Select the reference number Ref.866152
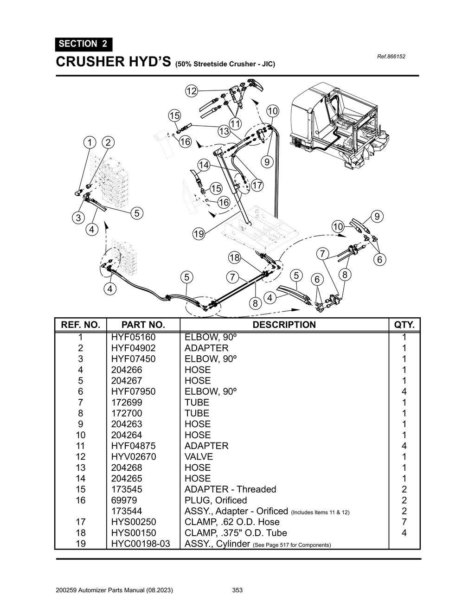coord(392,57)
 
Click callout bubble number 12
coord(192,91)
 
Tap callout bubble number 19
coord(199,234)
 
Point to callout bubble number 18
coord(234,258)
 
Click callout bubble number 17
coord(257,186)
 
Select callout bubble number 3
coord(78,218)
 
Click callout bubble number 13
coord(224,131)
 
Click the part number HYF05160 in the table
coord(133,337)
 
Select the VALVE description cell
coord(199,457)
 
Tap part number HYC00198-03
coord(141,544)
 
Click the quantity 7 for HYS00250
coord(404,522)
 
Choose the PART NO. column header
coord(143,325)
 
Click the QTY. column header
coord(404,325)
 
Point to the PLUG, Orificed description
coord(216,500)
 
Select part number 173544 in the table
coord(127,511)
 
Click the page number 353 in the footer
coord(237,590)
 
